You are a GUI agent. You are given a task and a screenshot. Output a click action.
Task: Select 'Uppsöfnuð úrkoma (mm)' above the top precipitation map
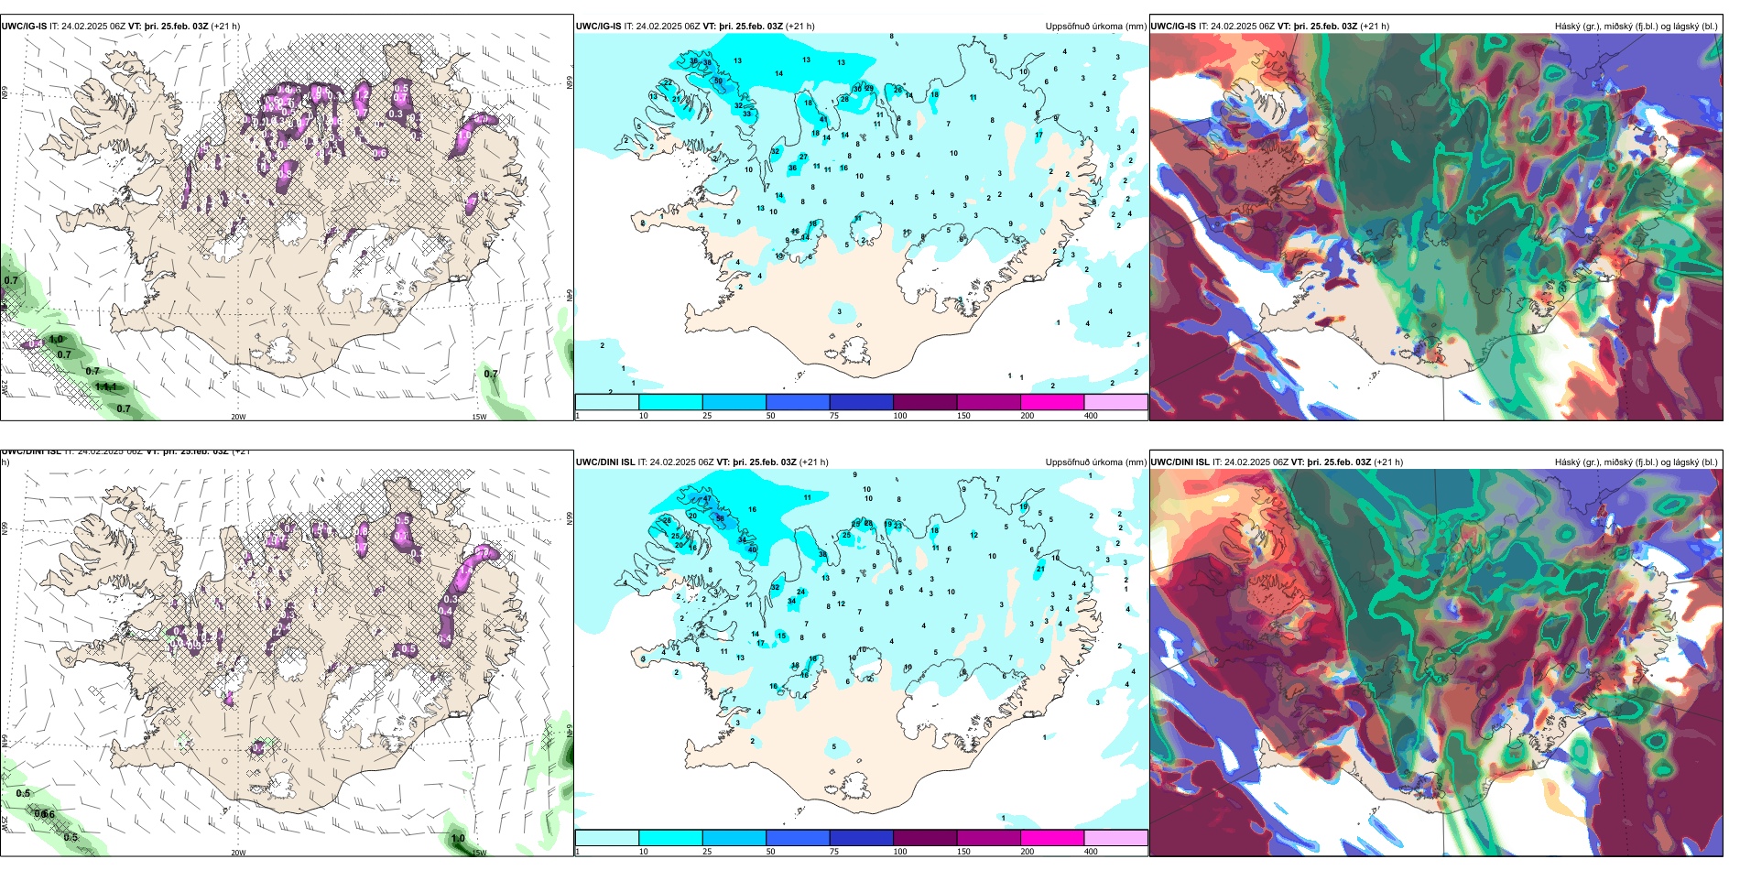click(1095, 27)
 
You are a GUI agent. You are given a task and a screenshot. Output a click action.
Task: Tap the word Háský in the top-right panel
click(1570, 27)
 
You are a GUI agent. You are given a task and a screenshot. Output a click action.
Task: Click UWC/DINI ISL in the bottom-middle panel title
click(605, 462)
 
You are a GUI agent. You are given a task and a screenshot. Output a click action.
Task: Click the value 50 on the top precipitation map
click(718, 82)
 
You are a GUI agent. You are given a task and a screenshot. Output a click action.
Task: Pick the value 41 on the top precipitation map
click(823, 120)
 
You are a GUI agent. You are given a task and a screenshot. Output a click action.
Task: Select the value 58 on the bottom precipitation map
click(720, 518)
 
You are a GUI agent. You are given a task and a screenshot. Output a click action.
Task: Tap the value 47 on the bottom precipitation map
click(707, 500)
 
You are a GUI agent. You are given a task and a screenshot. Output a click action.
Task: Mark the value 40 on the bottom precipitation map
click(753, 549)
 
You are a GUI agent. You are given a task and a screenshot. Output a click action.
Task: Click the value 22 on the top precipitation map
click(668, 83)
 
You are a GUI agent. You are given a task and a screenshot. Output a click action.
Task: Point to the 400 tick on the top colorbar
click(1091, 416)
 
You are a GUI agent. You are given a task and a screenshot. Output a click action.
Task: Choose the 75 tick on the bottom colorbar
click(834, 852)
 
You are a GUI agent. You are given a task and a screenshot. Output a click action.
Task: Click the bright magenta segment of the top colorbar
click(1052, 402)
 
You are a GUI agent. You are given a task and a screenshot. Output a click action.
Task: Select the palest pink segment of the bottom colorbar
click(1115, 838)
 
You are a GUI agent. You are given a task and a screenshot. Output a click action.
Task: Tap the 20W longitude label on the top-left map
click(238, 417)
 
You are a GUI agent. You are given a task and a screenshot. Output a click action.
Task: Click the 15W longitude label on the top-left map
click(479, 417)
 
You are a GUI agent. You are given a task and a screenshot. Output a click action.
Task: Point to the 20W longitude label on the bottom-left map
click(238, 853)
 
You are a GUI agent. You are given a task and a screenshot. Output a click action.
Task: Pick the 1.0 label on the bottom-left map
click(458, 838)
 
